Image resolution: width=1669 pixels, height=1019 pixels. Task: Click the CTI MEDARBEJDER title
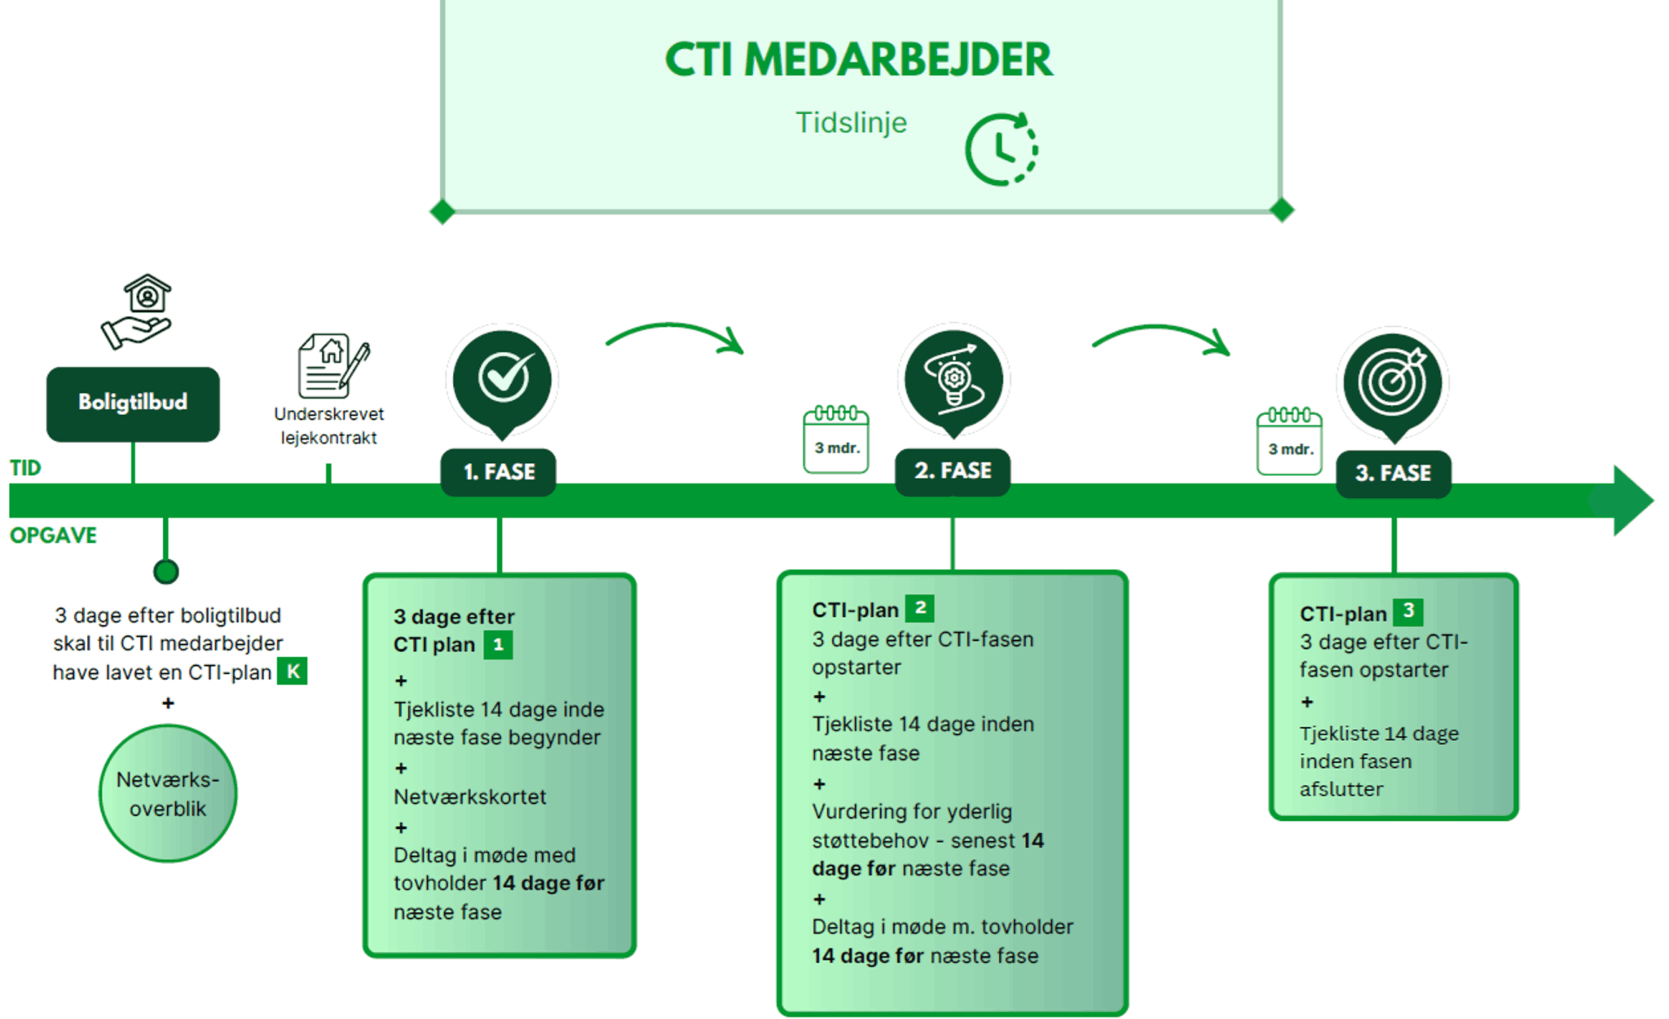858,60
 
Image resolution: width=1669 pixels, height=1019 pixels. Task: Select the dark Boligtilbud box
133,404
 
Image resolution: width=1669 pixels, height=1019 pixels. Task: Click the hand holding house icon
138,311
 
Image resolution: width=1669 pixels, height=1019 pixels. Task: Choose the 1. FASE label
499,472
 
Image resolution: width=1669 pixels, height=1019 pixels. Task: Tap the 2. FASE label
953,471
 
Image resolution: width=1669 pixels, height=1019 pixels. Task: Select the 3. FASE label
1394,473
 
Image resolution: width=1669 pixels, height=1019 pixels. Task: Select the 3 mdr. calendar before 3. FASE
1289,442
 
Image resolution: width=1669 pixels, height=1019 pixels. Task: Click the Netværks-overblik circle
168,794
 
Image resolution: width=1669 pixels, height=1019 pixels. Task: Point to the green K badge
293,672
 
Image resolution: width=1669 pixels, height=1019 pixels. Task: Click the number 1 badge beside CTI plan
498,645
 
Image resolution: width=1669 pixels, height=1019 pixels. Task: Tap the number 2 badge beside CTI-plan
920,608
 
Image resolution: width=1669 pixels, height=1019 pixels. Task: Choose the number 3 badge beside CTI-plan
1407,611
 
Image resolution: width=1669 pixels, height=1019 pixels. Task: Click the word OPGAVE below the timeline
54,536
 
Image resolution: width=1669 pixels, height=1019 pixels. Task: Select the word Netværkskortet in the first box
469,796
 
